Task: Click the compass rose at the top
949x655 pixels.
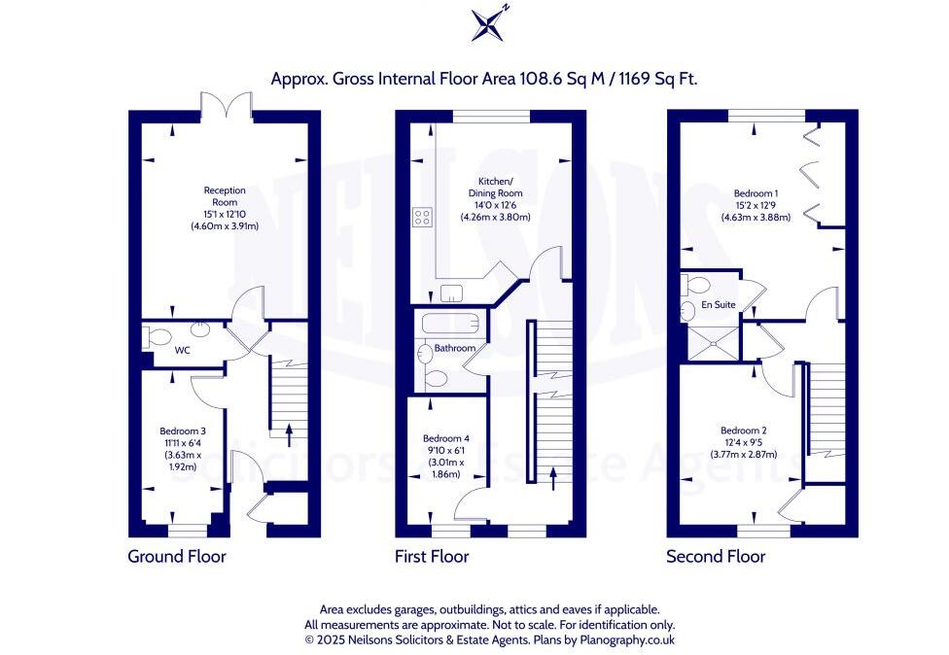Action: pyautogui.click(x=487, y=23)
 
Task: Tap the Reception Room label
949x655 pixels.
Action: pyautogui.click(x=225, y=195)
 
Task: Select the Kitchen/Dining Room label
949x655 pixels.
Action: pyautogui.click(x=500, y=188)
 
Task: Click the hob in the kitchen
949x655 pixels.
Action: pyautogui.click(x=423, y=219)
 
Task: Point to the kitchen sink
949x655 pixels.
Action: pyautogui.click(x=451, y=293)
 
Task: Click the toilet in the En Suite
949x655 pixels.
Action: pyautogui.click(x=692, y=285)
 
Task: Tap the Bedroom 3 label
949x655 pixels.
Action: pyautogui.click(x=183, y=430)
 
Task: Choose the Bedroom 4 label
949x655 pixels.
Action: pyautogui.click(x=446, y=437)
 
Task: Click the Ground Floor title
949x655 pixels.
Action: pyautogui.click(x=177, y=557)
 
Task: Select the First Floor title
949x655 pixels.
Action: pyautogui.click(x=432, y=557)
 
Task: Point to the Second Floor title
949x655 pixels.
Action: pyautogui.click(x=716, y=557)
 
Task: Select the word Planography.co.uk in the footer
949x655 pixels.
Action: pyautogui.click(x=626, y=640)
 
